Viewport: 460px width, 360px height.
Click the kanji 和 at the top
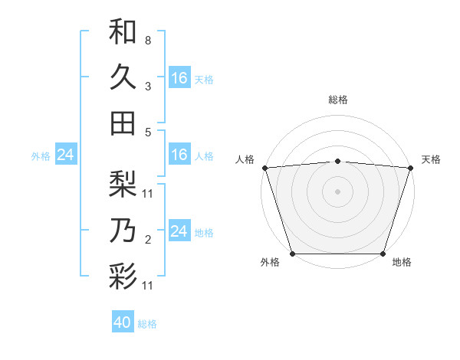pos(123,32)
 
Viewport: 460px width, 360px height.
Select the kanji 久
pos(123,77)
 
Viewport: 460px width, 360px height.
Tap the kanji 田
pos(123,123)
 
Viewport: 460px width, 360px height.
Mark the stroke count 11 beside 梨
pos(148,193)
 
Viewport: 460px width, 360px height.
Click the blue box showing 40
pos(123,322)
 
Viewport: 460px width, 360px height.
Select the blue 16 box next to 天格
pos(179,78)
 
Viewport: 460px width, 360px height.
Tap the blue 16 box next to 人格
pos(179,155)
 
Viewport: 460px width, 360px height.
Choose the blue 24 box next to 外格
pos(65,155)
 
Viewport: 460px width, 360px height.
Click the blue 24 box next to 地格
pos(179,231)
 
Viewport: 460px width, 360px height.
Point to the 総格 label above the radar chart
pos(337,100)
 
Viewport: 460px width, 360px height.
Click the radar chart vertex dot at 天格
pos(411,167)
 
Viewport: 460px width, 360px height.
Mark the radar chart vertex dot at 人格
pos(264,167)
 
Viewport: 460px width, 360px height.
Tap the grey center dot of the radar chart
pos(337,191)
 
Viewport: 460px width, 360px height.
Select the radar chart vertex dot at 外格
pos(292,253)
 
